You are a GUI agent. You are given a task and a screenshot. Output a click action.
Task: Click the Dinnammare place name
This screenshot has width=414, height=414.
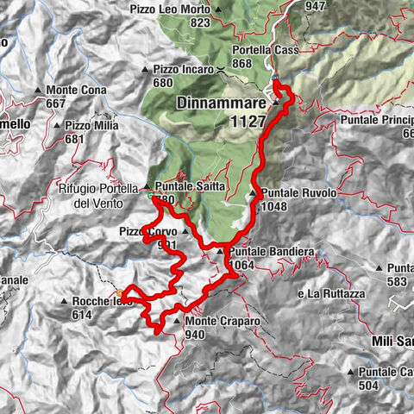pos(223,101)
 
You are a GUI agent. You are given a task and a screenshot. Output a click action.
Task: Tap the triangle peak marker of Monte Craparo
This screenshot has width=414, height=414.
pos(179,323)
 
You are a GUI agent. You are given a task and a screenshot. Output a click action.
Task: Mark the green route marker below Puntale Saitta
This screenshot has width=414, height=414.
pos(150,197)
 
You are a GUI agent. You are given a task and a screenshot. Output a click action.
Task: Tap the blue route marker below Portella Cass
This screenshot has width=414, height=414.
pos(274,78)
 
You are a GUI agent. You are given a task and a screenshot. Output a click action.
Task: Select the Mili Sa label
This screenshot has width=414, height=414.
pos(390,340)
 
